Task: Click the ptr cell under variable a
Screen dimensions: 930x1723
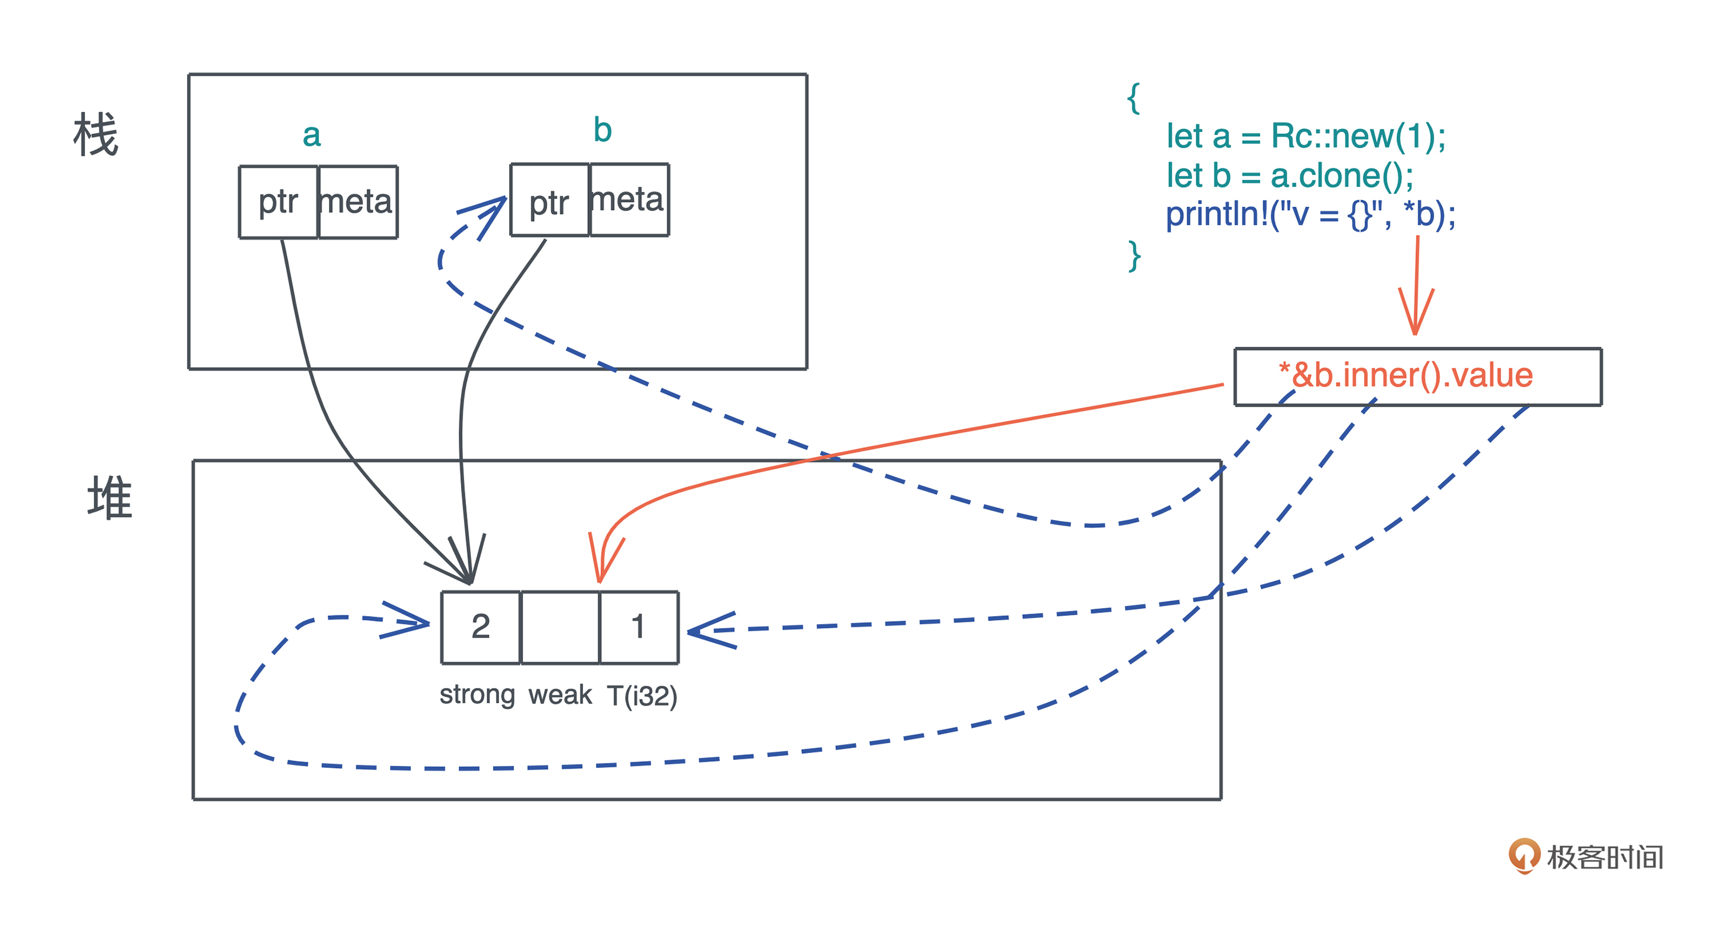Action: (x=278, y=201)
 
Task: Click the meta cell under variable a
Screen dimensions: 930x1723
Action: (x=358, y=201)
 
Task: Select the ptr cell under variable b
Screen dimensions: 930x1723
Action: (x=549, y=201)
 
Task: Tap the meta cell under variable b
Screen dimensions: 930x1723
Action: (x=629, y=200)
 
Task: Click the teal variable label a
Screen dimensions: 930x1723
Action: (x=311, y=135)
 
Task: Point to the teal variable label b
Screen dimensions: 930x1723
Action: (x=603, y=130)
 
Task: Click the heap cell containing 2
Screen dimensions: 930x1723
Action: (x=480, y=627)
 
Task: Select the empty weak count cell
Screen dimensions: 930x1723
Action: (x=560, y=627)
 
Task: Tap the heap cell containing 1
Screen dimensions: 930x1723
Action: (x=639, y=627)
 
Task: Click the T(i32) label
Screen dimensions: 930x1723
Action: (x=642, y=696)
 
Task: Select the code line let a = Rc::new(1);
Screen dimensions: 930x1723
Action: (x=1306, y=136)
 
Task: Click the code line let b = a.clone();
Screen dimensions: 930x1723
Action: (x=1290, y=176)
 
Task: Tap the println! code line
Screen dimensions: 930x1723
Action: (x=1310, y=215)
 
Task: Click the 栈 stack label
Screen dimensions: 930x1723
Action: (x=96, y=134)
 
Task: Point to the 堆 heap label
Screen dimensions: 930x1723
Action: (x=109, y=498)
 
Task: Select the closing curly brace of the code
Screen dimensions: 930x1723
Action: (x=1134, y=256)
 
